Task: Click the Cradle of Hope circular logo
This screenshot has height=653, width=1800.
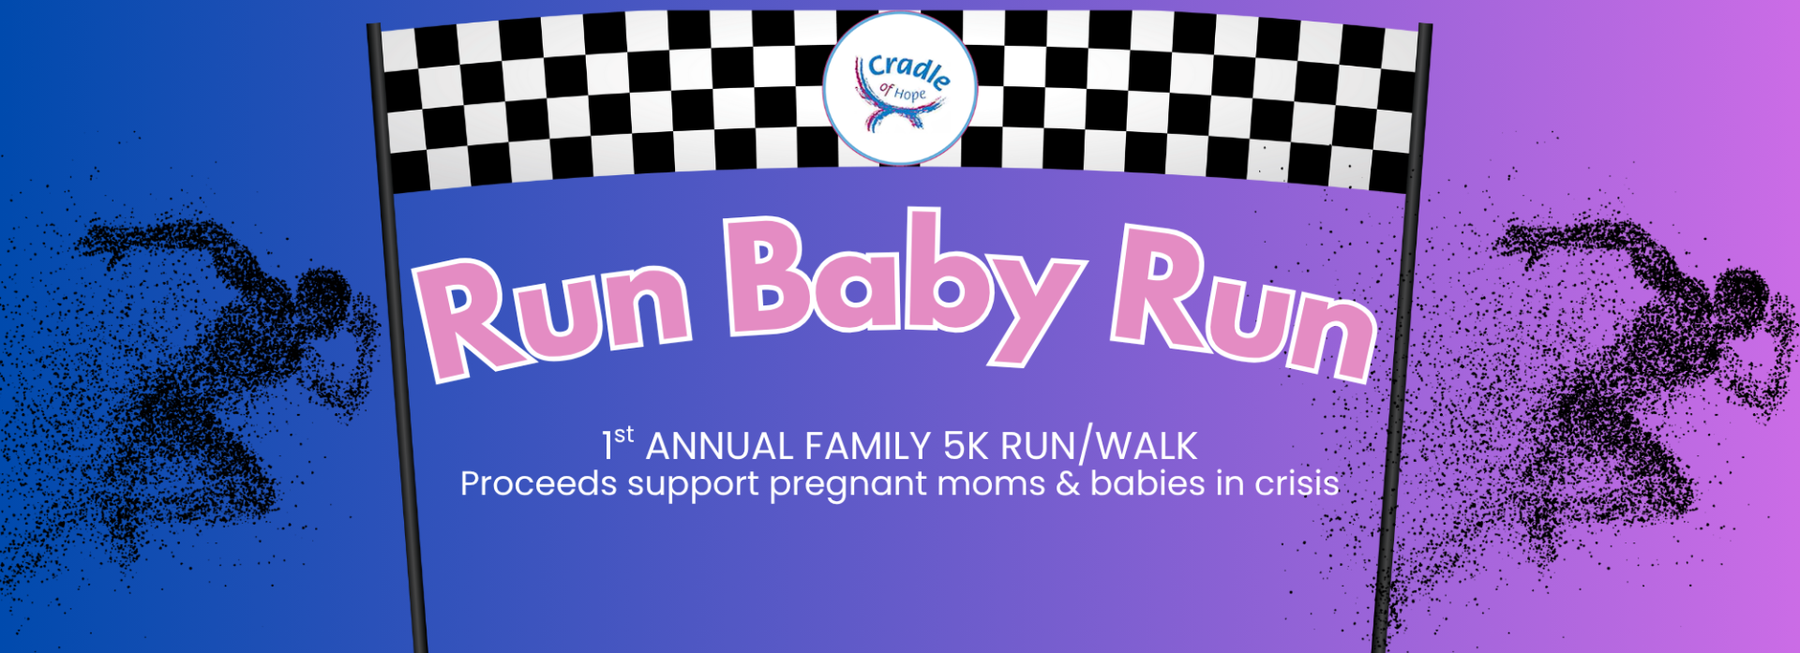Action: click(900, 88)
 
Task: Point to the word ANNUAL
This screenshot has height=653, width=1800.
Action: click(720, 447)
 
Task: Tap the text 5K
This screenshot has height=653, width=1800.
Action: click(966, 447)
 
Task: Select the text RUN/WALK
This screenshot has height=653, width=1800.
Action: click(1099, 447)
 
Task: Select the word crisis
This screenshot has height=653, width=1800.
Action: click(1297, 484)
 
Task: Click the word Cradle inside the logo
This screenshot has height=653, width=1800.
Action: click(907, 70)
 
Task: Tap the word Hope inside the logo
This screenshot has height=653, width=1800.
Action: click(910, 95)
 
